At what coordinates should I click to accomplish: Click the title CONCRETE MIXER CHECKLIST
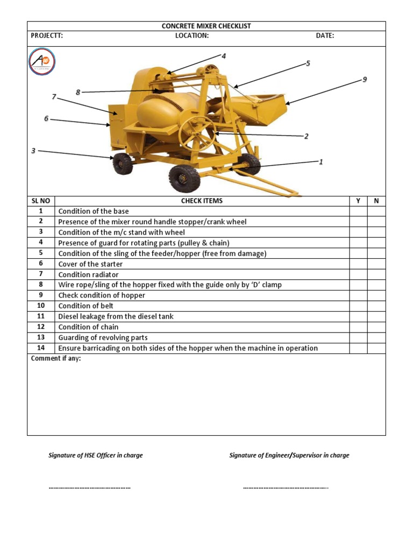tap(206, 26)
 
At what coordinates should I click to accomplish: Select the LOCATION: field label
tap(192, 36)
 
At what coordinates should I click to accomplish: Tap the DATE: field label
tap(325, 36)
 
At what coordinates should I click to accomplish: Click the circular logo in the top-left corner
tap(42, 62)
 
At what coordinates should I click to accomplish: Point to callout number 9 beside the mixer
tap(365, 80)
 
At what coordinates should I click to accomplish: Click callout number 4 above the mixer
tap(224, 56)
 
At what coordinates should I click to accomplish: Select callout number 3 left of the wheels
tap(33, 151)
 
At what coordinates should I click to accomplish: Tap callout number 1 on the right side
tap(321, 161)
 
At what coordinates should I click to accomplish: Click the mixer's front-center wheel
tap(184, 178)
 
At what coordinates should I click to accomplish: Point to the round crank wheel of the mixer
tap(197, 133)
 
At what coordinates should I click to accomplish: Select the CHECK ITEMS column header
tap(202, 201)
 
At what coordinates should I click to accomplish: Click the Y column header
tap(358, 201)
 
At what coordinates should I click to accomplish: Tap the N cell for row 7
tap(376, 274)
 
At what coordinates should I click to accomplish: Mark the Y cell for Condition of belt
tap(358, 306)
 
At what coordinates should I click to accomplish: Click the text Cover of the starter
tap(90, 264)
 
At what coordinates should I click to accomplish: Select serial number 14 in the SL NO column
tap(40, 348)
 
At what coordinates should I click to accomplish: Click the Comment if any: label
tap(56, 359)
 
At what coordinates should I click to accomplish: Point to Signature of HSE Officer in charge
tap(96, 455)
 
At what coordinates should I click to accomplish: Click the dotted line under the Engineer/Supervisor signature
tap(286, 488)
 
